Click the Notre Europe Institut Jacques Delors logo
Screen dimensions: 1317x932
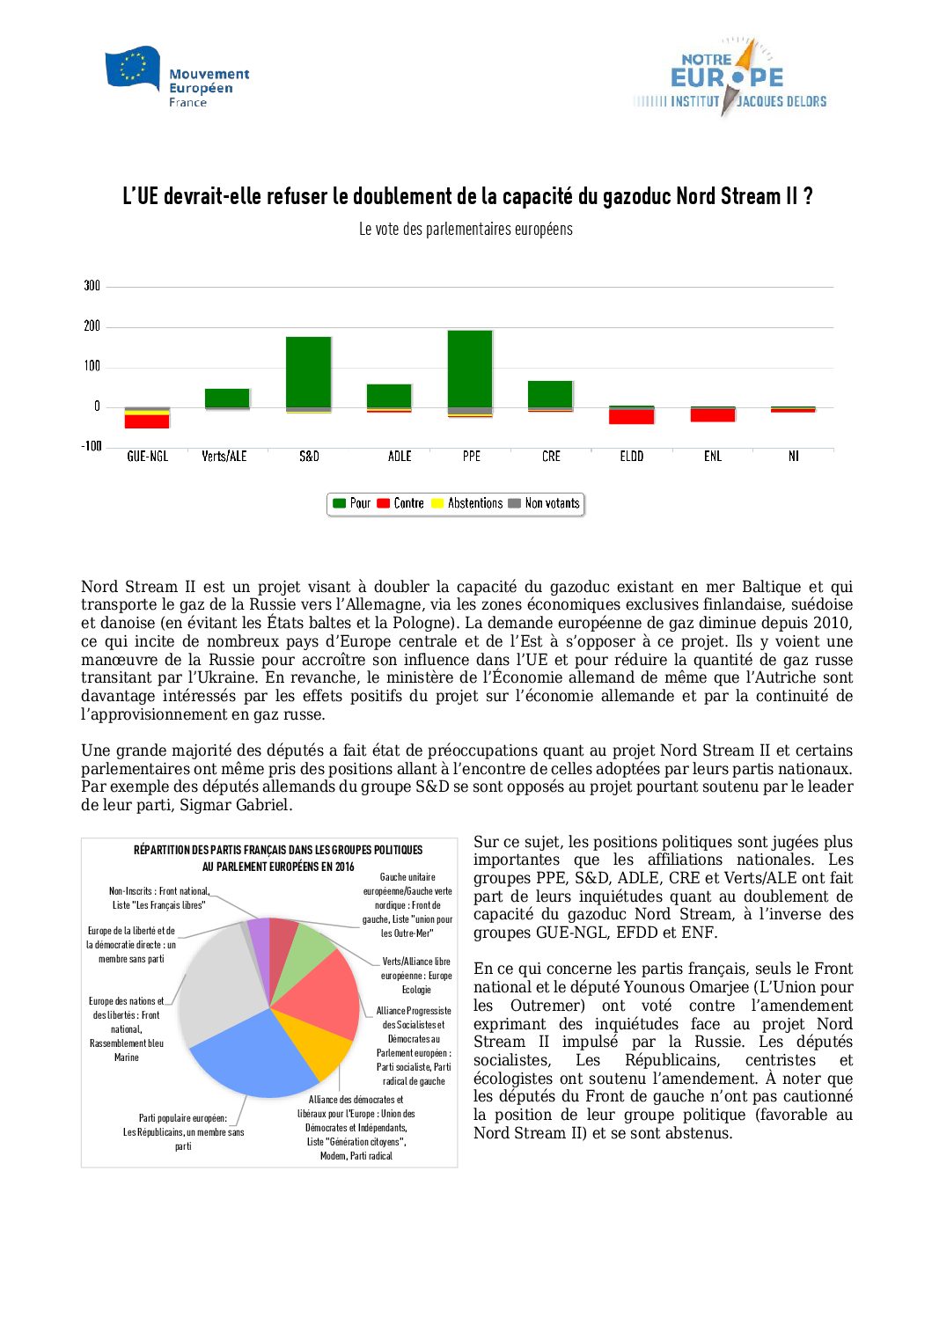(x=730, y=77)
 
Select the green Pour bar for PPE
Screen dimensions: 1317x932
(x=470, y=369)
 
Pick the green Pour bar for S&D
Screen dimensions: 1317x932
(x=308, y=372)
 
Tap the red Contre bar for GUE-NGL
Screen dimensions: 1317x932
(x=147, y=421)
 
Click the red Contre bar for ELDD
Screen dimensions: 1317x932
(x=632, y=417)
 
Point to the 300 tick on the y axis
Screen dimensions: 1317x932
(x=92, y=286)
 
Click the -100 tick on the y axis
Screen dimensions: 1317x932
(x=92, y=446)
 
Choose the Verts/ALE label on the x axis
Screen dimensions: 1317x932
(x=224, y=457)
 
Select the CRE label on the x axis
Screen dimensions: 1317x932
(x=551, y=457)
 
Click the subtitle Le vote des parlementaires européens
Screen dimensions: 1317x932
(x=466, y=230)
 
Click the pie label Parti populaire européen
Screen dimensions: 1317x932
(x=183, y=1118)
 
